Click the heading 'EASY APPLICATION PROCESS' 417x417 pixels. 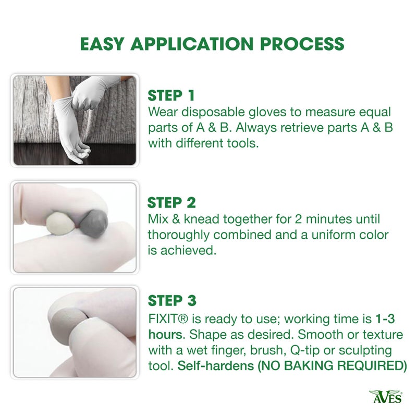pos(212,44)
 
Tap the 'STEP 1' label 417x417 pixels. pos(171,96)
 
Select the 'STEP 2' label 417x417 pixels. pos(172,202)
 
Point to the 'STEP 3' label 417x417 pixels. pos(172,301)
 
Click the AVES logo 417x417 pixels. pos(386,397)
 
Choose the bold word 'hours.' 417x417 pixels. pos(165,334)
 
